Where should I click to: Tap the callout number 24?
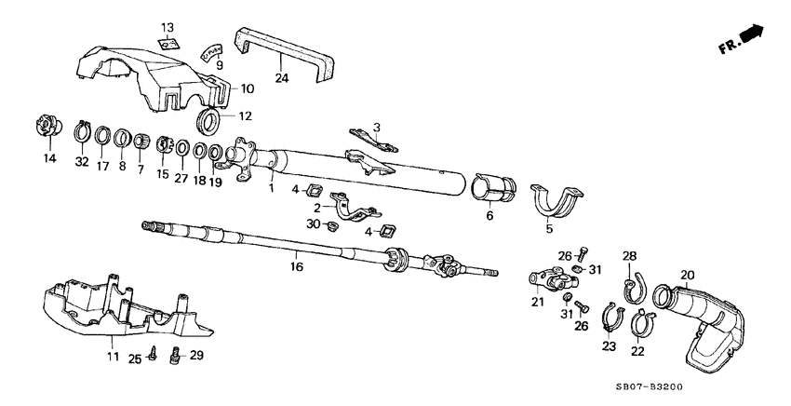[281, 78]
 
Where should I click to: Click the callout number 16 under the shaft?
[296, 266]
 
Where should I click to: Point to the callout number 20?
[688, 275]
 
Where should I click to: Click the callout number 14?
[49, 158]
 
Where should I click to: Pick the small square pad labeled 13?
[168, 43]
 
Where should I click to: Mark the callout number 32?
[82, 161]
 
